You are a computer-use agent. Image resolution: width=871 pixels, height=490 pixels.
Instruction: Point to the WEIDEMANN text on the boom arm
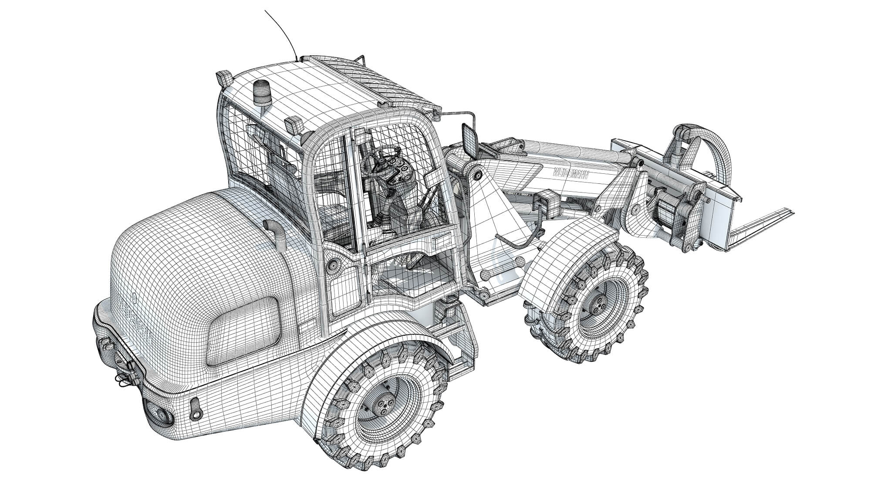point(571,173)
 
